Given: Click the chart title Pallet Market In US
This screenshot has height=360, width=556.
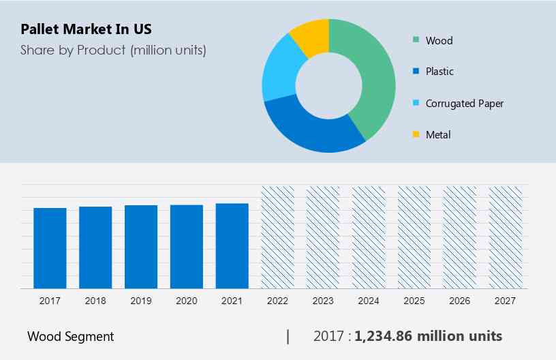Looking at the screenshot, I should (x=87, y=29).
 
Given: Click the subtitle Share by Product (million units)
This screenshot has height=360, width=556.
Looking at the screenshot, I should (x=113, y=50).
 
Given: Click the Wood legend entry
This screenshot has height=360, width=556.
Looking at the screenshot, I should (x=439, y=40).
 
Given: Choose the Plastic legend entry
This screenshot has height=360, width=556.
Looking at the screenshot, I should (x=439, y=72).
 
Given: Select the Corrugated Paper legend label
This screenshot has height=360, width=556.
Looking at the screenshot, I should (x=464, y=104).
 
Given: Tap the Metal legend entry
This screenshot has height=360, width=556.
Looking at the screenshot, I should (x=438, y=135).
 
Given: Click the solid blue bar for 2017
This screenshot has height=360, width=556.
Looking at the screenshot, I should (x=50, y=248).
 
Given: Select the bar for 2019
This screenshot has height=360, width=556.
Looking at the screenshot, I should (x=141, y=247).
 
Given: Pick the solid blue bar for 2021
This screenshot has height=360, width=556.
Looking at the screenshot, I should (x=232, y=246).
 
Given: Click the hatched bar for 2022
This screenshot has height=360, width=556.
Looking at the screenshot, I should (x=278, y=237).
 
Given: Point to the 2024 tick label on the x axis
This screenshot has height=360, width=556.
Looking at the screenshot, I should (x=369, y=301).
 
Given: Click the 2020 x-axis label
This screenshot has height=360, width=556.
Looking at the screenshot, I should (x=187, y=301).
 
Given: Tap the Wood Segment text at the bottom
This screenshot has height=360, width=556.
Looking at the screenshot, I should (x=71, y=336).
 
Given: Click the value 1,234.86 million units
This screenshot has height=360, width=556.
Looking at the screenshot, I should (x=429, y=335).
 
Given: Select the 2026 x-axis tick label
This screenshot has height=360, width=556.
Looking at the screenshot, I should (x=460, y=301).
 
